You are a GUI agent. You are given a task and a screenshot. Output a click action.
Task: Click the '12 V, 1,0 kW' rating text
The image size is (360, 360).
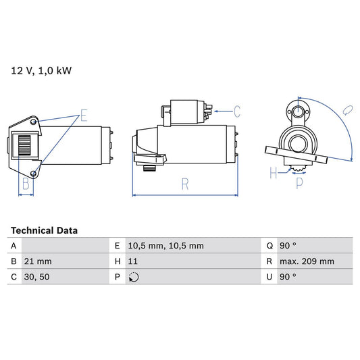click(40, 70)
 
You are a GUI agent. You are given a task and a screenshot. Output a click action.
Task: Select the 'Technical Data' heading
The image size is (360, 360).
click(44, 230)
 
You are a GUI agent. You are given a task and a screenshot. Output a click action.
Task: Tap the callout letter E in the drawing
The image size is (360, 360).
click(83, 115)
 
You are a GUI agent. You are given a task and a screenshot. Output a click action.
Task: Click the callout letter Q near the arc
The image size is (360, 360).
click(345, 109)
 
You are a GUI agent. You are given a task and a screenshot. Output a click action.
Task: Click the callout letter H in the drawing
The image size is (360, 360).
click(274, 173)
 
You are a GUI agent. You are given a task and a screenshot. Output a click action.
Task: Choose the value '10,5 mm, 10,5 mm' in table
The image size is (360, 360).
click(166, 246)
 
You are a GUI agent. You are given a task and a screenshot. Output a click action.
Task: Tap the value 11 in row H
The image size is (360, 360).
click(133, 261)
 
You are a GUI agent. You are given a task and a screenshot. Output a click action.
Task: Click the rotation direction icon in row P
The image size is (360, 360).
click(134, 277)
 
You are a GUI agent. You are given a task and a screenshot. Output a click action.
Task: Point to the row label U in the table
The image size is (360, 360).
click(268, 277)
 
